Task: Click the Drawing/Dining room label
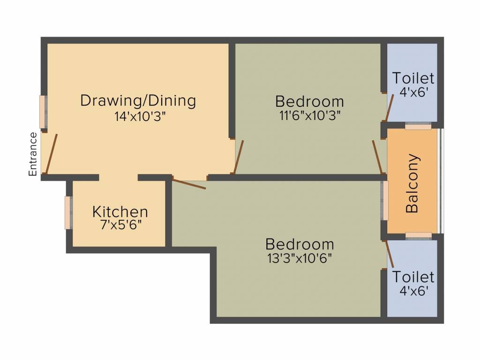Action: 138,100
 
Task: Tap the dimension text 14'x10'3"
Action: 140,117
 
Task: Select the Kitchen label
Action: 120,211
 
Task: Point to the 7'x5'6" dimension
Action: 121,225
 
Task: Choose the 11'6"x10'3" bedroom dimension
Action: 309,116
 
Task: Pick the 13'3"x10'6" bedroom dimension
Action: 300,259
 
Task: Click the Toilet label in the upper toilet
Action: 413,78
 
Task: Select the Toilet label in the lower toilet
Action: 413,277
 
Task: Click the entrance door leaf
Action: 52,154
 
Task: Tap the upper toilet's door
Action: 390,107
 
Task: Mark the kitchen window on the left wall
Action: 68,212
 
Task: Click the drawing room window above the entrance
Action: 43,112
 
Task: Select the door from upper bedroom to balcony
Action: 377,157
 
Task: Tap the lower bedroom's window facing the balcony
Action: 384,200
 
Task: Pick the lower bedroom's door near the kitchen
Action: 189,183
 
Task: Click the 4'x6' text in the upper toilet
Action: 413,92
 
